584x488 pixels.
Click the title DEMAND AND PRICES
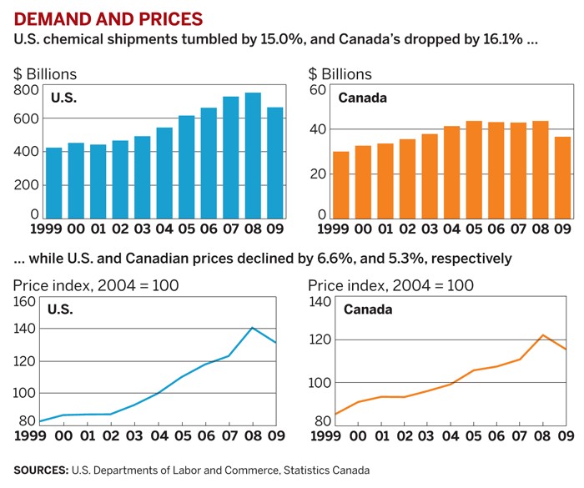(x=97, y=18)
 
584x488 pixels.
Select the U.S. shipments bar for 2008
(x=252, y=155)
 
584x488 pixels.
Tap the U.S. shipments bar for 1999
(x=54, y=183)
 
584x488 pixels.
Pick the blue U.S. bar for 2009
(x=274, y=163)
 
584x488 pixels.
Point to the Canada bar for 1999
(x=340, y=184)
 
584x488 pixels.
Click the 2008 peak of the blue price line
(x=252, y=327)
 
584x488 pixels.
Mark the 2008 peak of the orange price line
(x=542, y=335)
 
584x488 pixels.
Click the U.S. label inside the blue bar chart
(x=63, y=98)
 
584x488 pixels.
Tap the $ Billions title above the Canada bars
(x=340, y=73)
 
